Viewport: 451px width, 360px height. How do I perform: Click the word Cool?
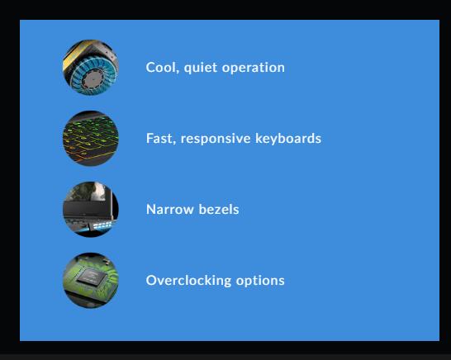[x=161, y=67]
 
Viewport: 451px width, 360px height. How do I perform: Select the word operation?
[x=254, y=68]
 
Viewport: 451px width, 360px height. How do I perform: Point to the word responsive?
[x=216, y=139]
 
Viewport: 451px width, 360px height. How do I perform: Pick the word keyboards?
[x=288, y=139]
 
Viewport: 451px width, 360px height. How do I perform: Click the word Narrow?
[x=169, y=210]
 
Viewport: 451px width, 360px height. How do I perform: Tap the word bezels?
[x=219, y=209]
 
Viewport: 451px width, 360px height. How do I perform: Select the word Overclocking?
[x=188, y=281]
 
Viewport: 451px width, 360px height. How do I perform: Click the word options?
[x=260, y=281]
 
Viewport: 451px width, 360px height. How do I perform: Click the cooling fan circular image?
[x=91, y=68]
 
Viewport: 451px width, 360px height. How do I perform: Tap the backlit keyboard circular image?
[x=91, y=139]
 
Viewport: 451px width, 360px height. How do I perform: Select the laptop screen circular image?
[x=91, y=210]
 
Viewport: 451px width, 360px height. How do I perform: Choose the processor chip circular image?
[x=91, y=281]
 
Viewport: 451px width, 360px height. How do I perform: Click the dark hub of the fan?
[x=93, y=78]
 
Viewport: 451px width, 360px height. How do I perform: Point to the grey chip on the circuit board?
[x=91, y=277]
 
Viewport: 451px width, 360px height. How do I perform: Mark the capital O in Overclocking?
[x=152, y=281]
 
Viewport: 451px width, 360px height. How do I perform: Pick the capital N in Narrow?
[x=151, y=210]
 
